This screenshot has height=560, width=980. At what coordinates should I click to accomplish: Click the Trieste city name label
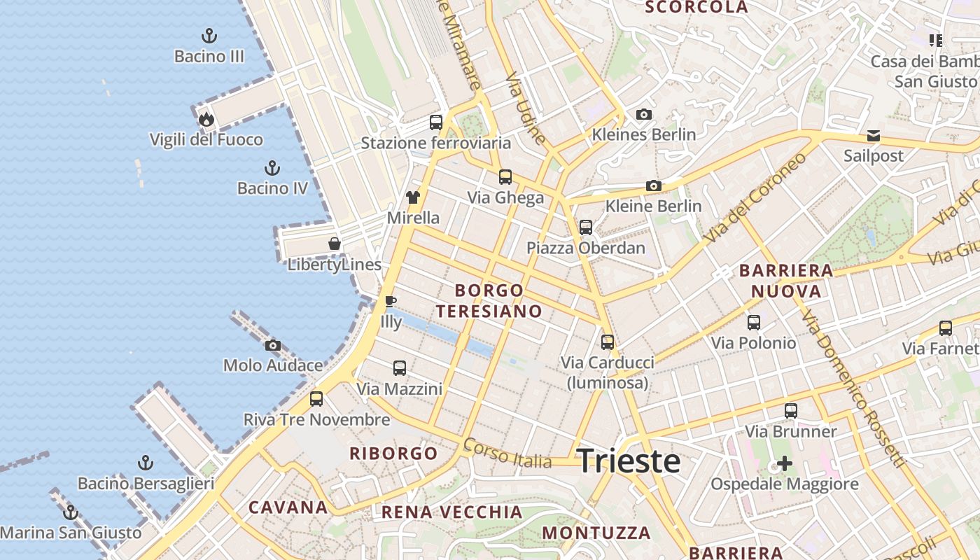628,461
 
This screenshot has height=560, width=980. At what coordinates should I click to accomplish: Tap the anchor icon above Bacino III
209,36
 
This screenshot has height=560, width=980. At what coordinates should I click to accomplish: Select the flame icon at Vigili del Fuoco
206,119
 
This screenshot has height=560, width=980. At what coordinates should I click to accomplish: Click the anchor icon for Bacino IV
272,168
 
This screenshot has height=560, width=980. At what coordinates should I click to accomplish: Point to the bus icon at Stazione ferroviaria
436,122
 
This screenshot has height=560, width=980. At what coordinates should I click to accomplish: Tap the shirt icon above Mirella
413,197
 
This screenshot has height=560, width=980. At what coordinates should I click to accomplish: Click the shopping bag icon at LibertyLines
335,244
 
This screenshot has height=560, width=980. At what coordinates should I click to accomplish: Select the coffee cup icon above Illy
391,302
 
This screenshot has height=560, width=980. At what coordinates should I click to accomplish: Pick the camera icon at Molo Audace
273,345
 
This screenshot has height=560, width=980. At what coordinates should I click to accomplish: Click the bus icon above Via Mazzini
400,368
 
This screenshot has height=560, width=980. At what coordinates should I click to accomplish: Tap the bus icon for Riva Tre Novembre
316,399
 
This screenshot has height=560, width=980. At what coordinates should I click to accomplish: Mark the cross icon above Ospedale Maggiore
785,463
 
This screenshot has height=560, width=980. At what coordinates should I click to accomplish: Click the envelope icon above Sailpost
874,136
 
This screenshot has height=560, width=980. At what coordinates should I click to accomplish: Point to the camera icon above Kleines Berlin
644,114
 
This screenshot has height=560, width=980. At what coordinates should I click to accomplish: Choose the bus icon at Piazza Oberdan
586,227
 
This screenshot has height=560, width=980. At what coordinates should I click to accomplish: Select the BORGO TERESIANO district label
498,301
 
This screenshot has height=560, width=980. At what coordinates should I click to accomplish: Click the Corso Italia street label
507,454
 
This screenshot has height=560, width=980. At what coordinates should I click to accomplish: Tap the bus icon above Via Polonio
754,323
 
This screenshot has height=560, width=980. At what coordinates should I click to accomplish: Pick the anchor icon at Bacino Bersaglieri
146,463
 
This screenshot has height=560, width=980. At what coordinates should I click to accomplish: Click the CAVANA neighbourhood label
288,507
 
